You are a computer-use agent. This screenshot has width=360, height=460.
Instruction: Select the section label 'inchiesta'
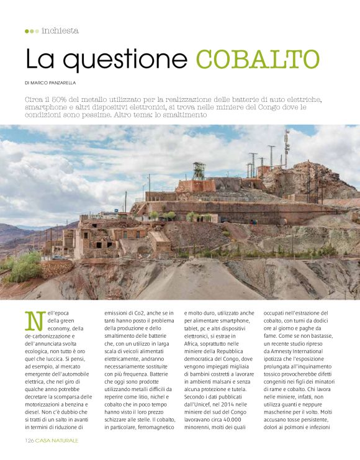(x=60, y=30)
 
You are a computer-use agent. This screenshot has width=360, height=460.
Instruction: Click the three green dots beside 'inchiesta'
(x=32, y=30)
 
